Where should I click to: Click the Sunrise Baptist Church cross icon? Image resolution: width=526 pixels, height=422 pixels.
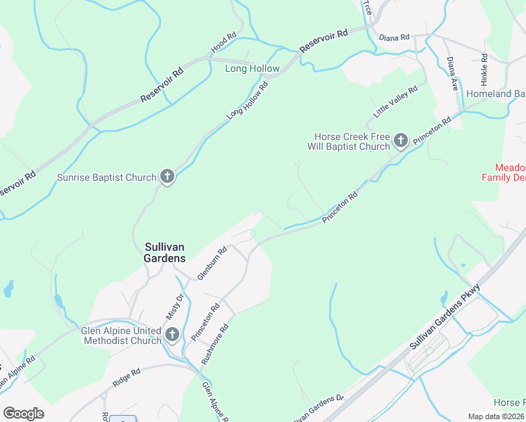(167, 177)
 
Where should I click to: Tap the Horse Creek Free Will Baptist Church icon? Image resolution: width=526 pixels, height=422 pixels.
(400, 141)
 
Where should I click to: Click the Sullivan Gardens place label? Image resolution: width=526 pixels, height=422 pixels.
(165, 252)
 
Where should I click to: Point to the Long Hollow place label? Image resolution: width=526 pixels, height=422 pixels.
(252, 68)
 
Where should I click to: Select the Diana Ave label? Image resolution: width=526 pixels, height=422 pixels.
(452, 74)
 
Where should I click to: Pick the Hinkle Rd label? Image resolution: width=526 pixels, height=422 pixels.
(485, 65)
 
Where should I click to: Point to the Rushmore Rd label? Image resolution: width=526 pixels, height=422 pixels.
(215, 343)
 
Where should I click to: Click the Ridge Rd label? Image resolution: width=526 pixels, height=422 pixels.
(127, 378)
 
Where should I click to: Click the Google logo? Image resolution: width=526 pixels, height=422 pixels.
(23, 413)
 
